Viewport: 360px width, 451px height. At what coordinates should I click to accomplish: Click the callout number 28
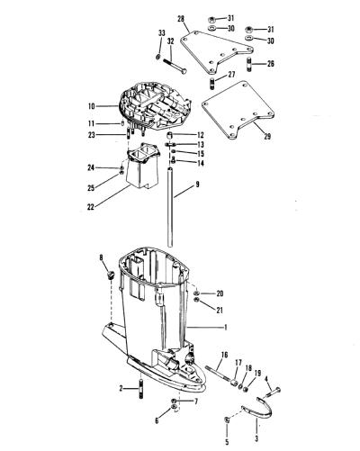tap(181, 20)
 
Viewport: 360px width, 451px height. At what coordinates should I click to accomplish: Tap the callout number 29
tap(266, 136)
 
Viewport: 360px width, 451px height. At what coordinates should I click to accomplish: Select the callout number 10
tap(92, 106)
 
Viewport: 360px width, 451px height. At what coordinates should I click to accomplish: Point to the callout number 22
tap(91, 207)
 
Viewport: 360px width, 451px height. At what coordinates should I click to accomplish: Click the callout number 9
tap(197, 185)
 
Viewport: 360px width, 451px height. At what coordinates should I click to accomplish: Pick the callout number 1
tap(226, 328)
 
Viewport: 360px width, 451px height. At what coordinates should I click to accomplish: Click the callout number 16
tap(224, 356)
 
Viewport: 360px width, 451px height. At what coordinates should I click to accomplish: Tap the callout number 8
tap(101, 257)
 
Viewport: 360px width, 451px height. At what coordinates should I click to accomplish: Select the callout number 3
tap(256, 438)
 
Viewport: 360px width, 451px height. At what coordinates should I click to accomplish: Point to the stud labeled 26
tap(250, 65)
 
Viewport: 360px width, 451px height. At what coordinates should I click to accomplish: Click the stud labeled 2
tap(140, 389)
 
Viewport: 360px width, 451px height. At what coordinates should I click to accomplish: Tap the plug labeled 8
tap(111, 275)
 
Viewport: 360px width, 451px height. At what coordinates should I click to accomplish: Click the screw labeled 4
tap(273, 392)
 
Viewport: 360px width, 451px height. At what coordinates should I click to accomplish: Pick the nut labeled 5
tap(227, 420)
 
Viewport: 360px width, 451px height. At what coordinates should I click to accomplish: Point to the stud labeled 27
tap(212, 83)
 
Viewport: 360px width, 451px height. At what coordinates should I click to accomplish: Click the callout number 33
tap(162, 32)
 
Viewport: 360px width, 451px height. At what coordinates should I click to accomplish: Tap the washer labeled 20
tap(197, 293)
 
